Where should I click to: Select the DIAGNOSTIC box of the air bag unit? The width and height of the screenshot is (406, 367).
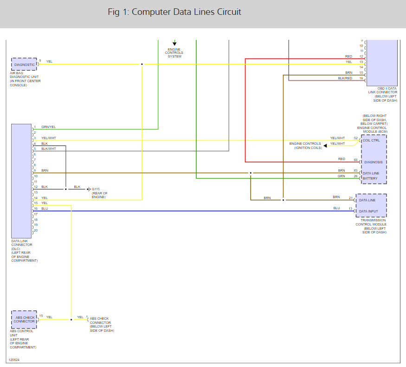pyautogui.click(x=24, y=64)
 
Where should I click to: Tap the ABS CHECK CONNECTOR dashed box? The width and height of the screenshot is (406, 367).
pyautogui.click(x=24, y=319)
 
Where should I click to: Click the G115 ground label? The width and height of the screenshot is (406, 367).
pyautogui.click(x=96, y=189)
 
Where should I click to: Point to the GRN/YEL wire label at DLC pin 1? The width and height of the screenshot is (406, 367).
pyautogui.click(x=48, y=127)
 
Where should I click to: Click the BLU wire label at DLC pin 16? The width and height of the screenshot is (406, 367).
pyautogui.click(x=45, y=209)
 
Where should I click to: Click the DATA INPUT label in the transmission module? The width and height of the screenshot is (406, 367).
pyautogui.click(x=368, y=211)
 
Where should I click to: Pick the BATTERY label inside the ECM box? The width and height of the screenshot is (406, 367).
pyautogui.click(x=370, y=178)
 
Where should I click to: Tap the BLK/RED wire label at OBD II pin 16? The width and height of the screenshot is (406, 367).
pyautogui.click(x=345, y=78)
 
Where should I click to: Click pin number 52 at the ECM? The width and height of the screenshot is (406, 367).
pyautogui.click(x=356, y=138)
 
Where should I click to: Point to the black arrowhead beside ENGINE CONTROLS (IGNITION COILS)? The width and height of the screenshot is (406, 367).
pyautogui.click(x=325, y=146)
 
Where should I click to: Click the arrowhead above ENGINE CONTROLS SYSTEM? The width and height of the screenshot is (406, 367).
pyautogui.click(x=174, y=43)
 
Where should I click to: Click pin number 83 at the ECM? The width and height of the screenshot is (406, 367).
pyautogui.click(x=356, y=171)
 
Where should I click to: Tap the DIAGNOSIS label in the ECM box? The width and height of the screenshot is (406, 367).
pyautogui.click(x=374, y=162)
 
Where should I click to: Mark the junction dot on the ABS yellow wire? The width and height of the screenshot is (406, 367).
pyautogui.click(x=71, y=319)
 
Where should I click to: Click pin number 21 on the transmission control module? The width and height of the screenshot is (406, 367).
pyautogui.click(x=351, y=198)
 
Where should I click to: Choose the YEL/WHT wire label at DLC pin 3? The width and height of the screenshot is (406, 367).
pyautogui.click(x=48, y=138)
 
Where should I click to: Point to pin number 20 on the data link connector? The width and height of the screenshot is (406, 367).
pyautogui.click(x=35, y=230)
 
